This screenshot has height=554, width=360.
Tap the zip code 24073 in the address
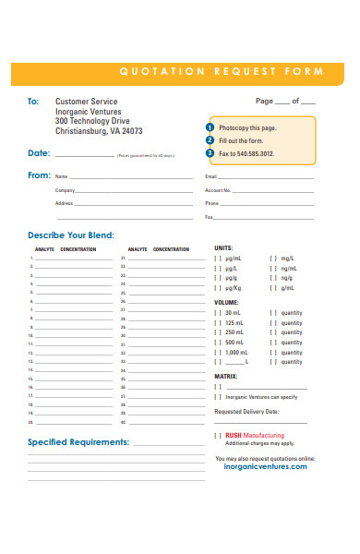coord(145,131)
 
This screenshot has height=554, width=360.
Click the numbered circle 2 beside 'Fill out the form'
coord(210,139)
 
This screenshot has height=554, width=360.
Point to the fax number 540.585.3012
coord(254,153)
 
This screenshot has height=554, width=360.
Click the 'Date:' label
coord(39,153)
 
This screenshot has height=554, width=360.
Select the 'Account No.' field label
coord(218,190)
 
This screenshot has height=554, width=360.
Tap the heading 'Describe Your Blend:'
coord(71,235)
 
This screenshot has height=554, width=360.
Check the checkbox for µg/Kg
coord(218,288)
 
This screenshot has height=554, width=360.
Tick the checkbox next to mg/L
coord(272,259)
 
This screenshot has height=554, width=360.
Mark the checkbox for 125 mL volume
coord(218,323)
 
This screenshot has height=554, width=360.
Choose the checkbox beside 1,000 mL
coord(218,353)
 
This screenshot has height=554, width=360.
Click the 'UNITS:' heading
coord(223,248)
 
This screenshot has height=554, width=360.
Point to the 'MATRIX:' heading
coord(226,377)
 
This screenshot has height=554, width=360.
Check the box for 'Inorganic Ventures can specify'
coord(218,397)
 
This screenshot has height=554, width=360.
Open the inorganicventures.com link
coord(265,467)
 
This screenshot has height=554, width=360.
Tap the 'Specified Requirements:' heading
coord(78,442)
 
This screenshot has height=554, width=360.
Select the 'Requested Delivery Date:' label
coord(246,412)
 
